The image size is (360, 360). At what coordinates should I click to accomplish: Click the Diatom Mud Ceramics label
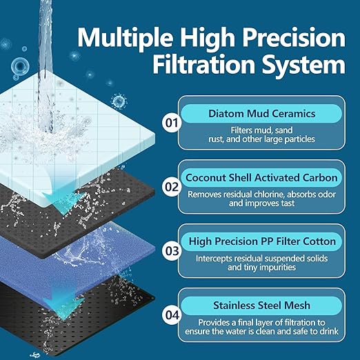point(263,114)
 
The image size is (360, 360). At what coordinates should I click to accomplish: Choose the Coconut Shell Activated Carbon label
point(263,177)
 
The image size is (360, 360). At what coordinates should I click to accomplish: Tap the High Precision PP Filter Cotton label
point(263,241)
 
